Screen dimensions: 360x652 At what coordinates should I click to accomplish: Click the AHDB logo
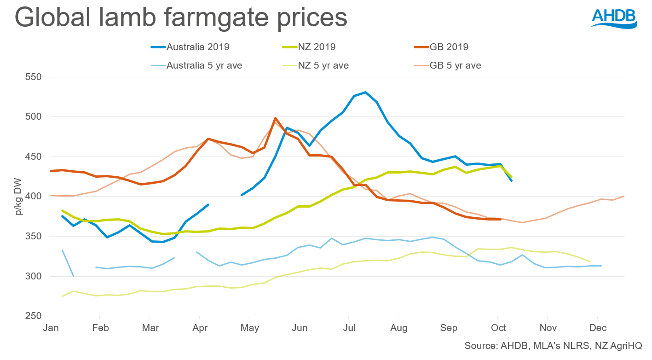click(613, 19)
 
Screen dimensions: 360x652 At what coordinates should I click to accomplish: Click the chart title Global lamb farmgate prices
click(180, 18)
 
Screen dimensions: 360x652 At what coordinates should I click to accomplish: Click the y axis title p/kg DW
click(18, 197)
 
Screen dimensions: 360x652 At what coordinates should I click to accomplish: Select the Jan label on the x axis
click(50, 328)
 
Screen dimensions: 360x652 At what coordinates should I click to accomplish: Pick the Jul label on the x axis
click(349, 328)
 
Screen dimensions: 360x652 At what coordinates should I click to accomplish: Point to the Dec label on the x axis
click(597, 328)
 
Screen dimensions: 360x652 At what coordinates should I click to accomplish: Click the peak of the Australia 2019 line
click(365, 92)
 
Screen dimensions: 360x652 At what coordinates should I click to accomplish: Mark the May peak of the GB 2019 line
click(275, 118)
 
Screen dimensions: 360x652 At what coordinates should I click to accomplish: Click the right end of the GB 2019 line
click(500, 219)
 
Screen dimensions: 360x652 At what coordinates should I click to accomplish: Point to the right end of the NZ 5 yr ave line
click(590, 261)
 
